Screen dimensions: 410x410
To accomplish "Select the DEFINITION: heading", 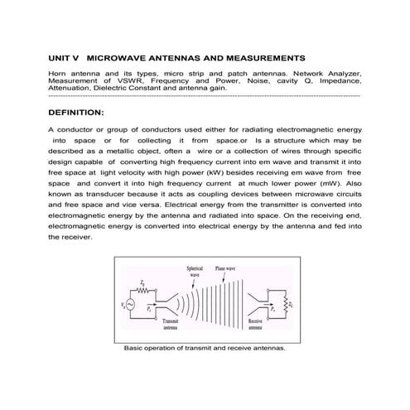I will click(76, 112).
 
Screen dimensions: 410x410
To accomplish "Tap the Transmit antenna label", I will click(171, 323).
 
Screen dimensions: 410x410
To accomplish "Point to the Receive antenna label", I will click(255, 323).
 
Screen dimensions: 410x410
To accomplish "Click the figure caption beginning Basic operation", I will click(204, 349).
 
